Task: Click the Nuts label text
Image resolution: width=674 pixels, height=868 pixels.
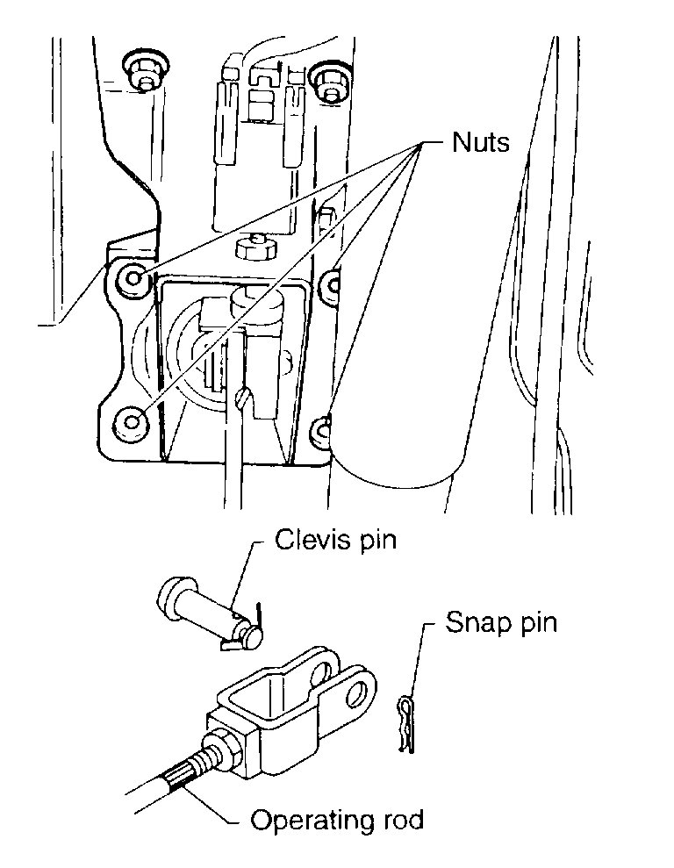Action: [480, 141]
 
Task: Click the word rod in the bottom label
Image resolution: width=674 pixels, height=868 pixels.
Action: [400, 821]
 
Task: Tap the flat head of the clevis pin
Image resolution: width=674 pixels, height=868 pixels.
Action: [170, 599]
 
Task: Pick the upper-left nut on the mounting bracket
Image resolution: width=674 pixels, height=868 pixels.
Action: [134, 278]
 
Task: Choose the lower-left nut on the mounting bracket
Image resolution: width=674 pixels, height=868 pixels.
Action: [133, 420]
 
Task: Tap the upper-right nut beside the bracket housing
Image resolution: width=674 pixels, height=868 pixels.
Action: [332, 281]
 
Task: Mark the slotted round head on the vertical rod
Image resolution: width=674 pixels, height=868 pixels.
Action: [247, 400]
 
